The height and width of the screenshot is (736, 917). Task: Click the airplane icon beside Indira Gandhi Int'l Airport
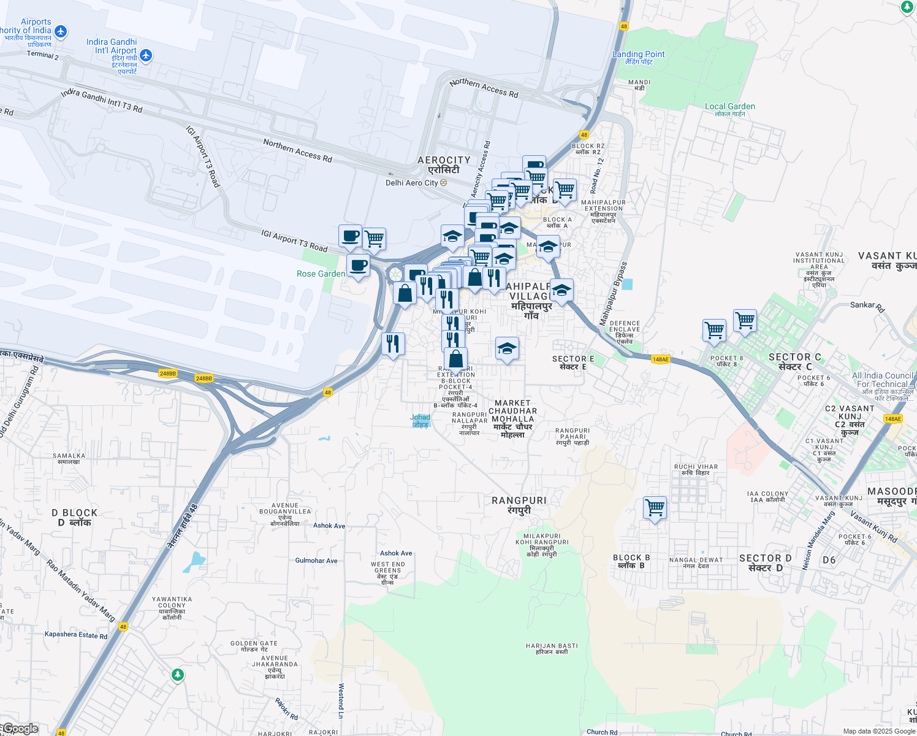click(145, 56)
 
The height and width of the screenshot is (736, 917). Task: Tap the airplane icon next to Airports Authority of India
click(60, 31)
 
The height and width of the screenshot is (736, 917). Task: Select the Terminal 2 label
click(43, 55)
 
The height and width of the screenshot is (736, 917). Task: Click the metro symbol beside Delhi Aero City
click(443, 183)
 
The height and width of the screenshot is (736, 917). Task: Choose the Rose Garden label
click(321, 274)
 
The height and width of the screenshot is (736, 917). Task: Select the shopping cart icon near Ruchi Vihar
click(655, 508)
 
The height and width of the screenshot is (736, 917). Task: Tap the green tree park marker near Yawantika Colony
click(177, 675)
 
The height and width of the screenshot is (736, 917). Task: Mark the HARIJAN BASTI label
click(552, 648)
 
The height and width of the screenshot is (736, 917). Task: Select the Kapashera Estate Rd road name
click(76, 635)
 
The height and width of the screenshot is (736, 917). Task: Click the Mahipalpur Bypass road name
click(614, 294)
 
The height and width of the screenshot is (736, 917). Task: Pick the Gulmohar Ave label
click(316, 561)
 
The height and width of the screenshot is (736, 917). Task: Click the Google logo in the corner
click(20, 729)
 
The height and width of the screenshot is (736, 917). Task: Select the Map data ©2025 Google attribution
click(878, 731)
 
